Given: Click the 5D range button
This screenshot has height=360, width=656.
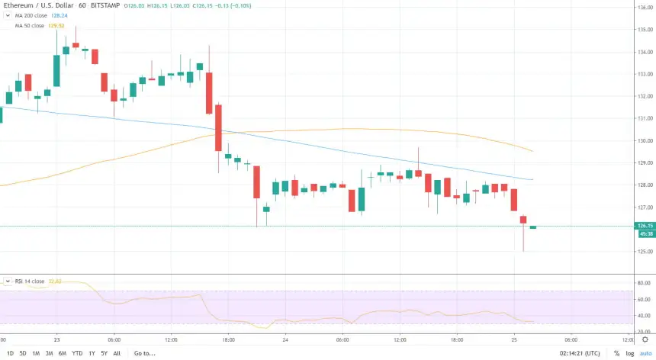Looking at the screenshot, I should click(x=23, y=353).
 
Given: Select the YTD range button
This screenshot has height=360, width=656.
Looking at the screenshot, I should click(x=77, y=353).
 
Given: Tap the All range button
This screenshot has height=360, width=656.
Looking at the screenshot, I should click(x=116, y=353).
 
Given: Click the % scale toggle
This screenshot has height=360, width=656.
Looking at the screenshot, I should click(x=616, y=353).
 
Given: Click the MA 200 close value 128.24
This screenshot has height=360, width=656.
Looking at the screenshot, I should click(x=58, y=15).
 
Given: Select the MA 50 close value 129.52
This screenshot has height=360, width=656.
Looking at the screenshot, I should click(x=56, y=25).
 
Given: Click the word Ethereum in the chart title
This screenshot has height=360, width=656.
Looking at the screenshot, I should click(x=18, y=5).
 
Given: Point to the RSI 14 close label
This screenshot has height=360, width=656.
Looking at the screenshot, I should click(x=30, y=281).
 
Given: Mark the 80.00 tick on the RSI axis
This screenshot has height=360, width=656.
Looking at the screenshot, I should click(x=643, y=283).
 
